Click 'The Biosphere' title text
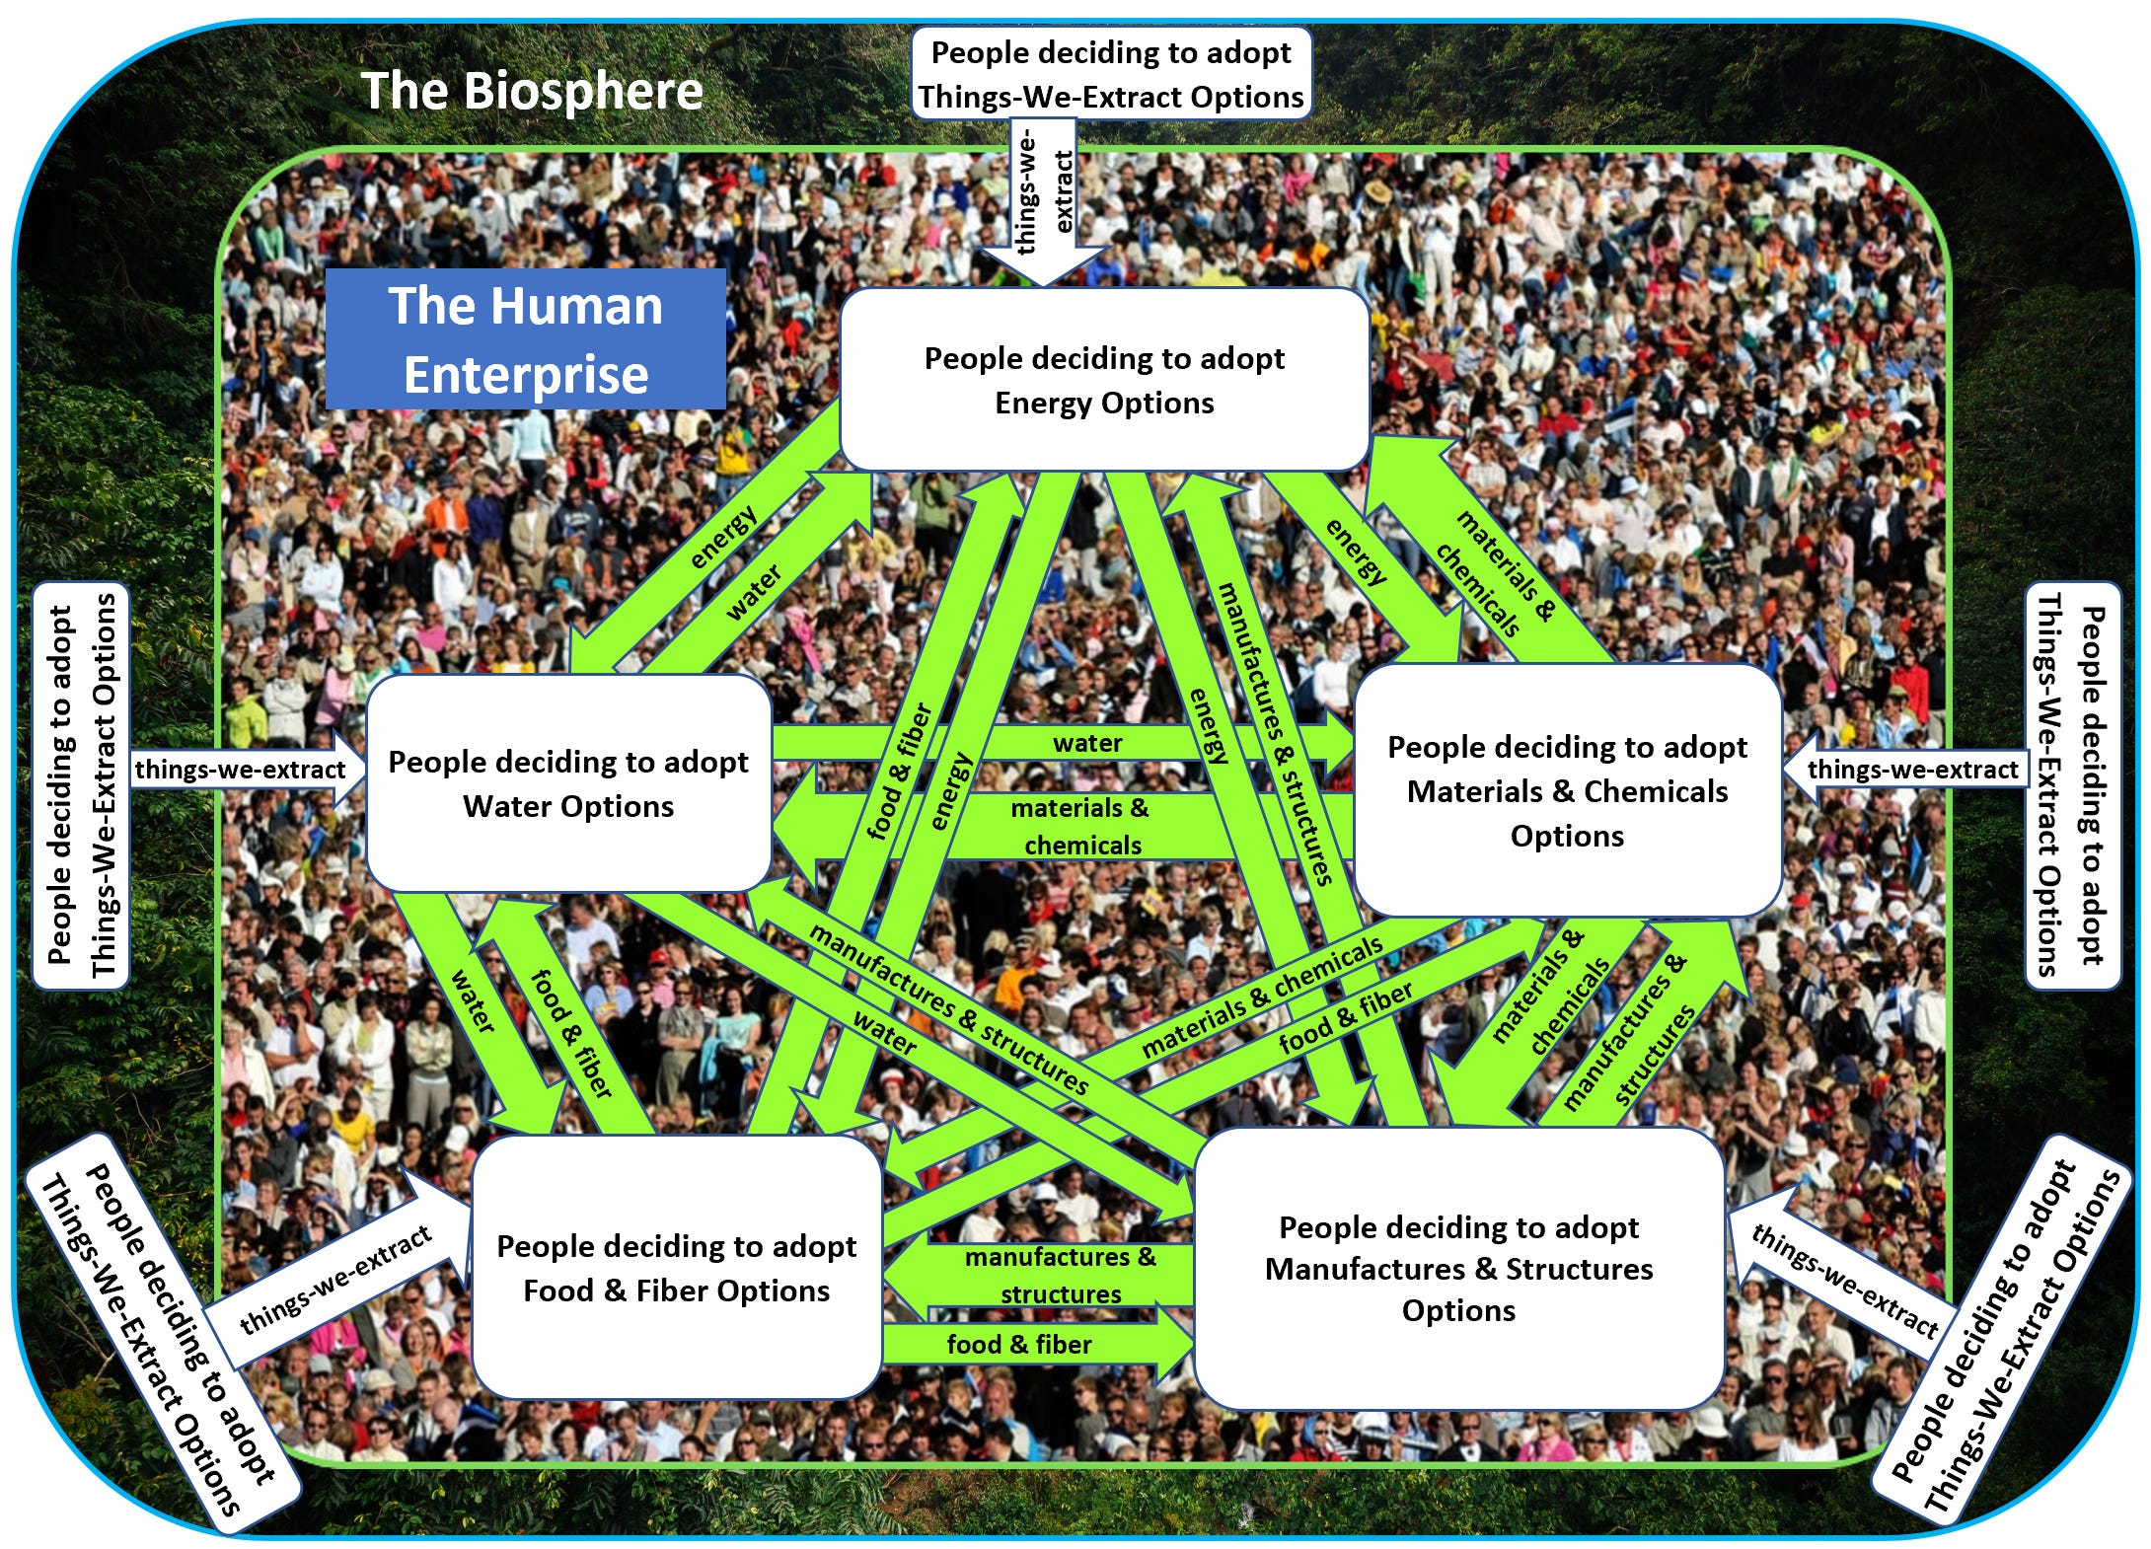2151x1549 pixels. pyautogui.click(x=532, y=91)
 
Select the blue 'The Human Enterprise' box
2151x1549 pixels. pyautogui.click(x=526, y=339)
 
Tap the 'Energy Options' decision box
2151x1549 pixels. pyautogui.click(x=1104, y=380)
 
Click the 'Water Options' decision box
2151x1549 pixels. pyautogui.click(x=568, y=784)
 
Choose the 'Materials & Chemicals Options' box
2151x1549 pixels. pyautogui.click(x=1567, y=791)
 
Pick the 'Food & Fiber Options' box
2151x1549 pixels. pyautogui.click(x=676, y=1268)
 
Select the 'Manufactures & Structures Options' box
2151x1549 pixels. pyautogui.click(x=1458, y=1269)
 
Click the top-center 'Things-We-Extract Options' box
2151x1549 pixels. pyautogui.click(x=1111, y=74)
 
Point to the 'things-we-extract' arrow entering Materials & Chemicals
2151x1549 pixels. pyautogui.click(x=1904, y=770)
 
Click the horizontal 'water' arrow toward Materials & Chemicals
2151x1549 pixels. pyautogui.click(x=1085, y=743)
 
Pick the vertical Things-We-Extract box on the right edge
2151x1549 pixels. pyautogui.click(x=2072, y=785)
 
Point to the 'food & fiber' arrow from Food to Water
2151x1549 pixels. pyautogui.click(x=570, y=1031)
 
